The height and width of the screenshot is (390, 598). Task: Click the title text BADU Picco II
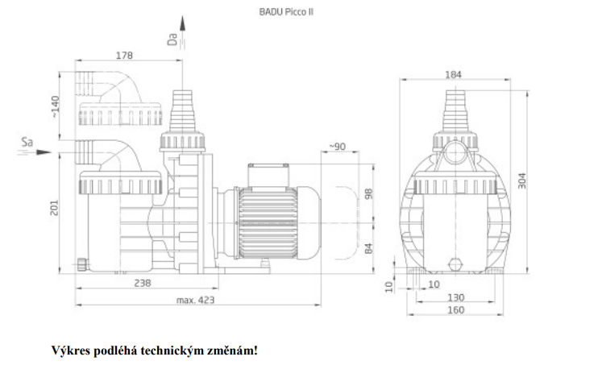click(286, 12)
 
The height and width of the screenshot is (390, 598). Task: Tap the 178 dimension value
click(124, 56)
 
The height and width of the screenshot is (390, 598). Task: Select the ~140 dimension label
click(55, 106)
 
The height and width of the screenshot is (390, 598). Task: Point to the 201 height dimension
click(54, 207)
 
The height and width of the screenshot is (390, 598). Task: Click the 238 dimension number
click(143, 284)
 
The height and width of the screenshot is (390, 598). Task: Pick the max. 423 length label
click(195, 301)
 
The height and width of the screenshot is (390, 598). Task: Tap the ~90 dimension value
click(337, 147)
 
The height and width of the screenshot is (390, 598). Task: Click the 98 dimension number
click(369, 193)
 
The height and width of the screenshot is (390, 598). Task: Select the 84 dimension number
click(369, 248)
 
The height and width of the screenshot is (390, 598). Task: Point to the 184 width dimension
click(453, 75)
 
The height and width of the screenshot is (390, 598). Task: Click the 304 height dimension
click(522, 180)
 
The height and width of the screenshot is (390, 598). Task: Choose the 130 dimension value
click(455, 297)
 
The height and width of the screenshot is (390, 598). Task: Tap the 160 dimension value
click(455, 310)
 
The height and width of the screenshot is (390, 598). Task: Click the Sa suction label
click(27, 143)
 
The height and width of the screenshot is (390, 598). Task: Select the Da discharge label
click(172, 39)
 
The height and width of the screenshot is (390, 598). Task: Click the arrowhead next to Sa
click(44, 152)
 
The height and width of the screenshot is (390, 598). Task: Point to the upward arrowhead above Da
click(182, 23)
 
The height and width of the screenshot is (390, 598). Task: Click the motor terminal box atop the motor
click(268, 176)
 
